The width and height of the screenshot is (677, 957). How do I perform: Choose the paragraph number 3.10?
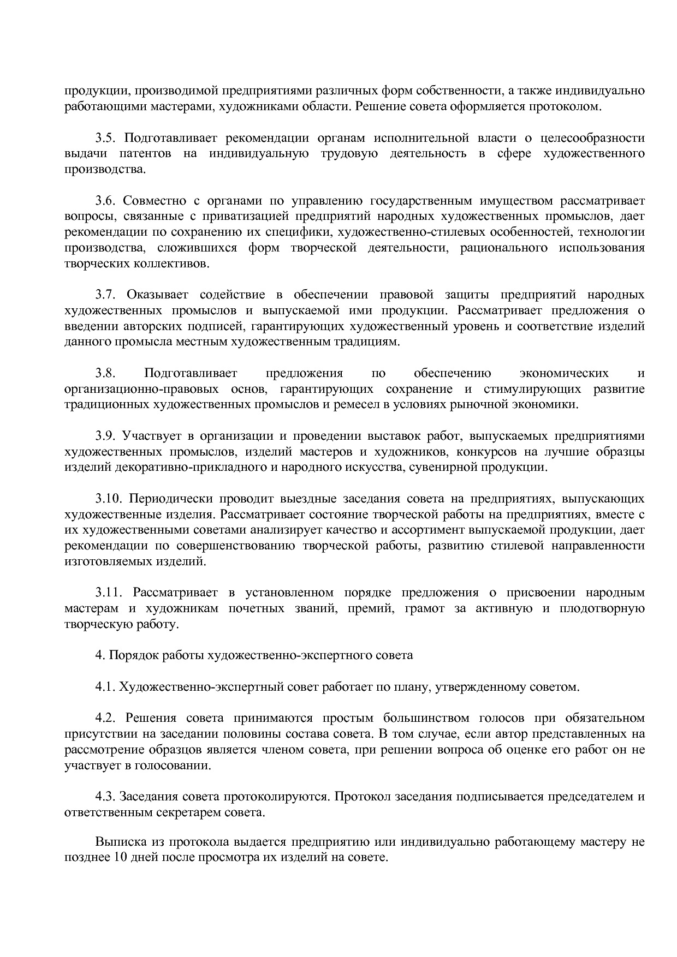(107, 499)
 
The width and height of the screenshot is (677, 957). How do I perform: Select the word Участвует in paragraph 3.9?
(152, 436)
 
